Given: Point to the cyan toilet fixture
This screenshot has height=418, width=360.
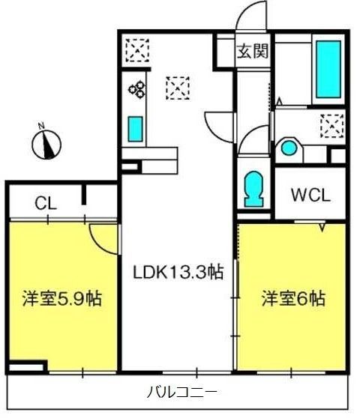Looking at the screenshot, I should [x=253, y=188].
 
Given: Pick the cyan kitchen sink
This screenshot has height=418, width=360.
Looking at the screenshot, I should [x=135, y=128].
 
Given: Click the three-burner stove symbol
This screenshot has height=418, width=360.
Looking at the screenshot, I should [x=136, y=90].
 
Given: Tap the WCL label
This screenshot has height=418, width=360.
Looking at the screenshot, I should [x=310, y=196].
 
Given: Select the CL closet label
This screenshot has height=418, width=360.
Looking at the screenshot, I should [x=44, y=202].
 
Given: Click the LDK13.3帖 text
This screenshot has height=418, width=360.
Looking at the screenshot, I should [x=178, y=273].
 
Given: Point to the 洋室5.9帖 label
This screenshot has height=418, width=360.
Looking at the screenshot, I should [x=61, y=298].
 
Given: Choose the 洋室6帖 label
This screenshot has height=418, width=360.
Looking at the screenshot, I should [x=292, y=298].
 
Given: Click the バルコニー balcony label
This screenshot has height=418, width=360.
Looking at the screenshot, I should [x=181, y=391].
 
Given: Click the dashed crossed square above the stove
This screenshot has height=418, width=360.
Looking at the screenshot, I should [x=136, y=51].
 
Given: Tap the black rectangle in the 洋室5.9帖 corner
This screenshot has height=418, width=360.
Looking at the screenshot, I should [x=28, y=367].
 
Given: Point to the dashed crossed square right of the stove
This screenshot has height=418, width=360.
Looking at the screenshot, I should [x=178, y=88].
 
